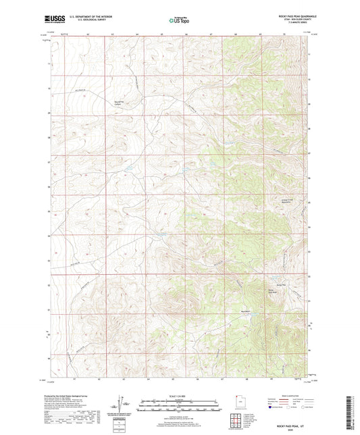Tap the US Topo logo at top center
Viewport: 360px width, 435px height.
point(179,20)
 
